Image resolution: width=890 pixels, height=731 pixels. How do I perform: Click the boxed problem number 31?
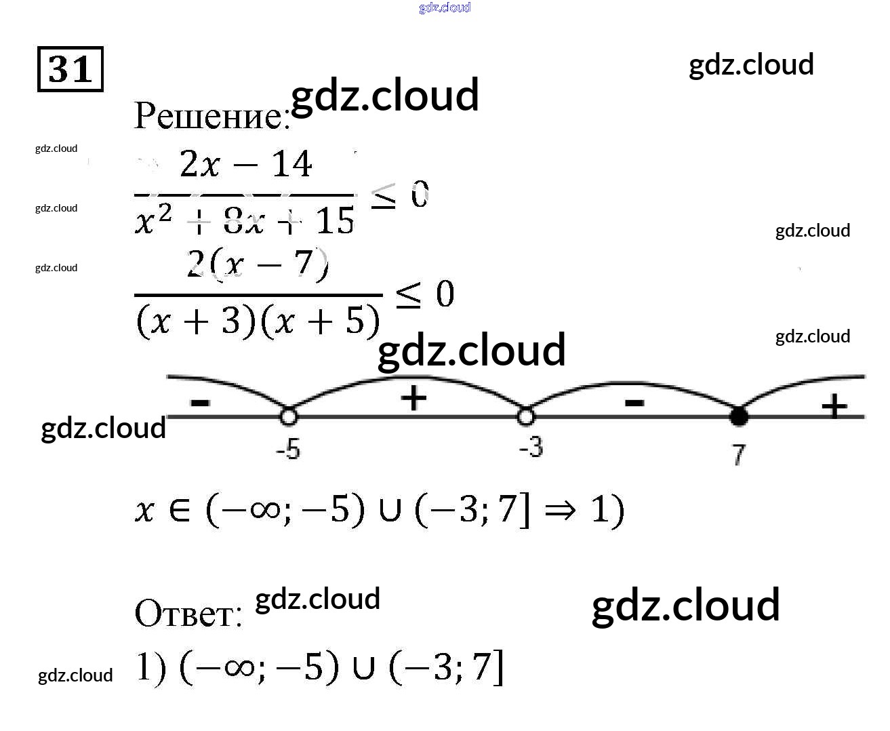point(70,69)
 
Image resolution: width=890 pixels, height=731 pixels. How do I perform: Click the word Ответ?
point(188,614)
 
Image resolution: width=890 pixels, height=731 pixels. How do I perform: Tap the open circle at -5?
point(288,416)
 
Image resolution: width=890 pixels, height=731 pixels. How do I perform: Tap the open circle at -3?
point(526,416)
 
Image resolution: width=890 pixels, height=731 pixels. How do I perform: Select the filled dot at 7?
point(739,416)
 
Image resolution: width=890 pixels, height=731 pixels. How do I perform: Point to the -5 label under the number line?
point(288,449)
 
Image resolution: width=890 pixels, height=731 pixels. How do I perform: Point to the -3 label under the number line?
point(531,448)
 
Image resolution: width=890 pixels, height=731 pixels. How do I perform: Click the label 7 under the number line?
point(739,454)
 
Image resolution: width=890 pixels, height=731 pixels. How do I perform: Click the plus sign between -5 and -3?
point(413,398)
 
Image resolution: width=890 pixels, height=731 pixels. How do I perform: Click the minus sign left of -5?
point(200,402)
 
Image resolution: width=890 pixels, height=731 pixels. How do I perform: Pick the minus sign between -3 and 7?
point(634,403)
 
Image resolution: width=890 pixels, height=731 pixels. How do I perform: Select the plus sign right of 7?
point(834,407)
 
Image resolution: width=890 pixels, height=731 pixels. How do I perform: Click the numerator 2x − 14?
point(245,165)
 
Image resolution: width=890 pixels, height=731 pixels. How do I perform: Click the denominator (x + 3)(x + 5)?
point(258,321)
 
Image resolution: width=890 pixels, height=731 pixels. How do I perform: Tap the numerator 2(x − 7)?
point(258,264)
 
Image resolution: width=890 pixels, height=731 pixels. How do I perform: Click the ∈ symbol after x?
point(179,511)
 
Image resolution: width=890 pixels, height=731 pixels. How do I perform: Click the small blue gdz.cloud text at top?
point(445,7)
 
